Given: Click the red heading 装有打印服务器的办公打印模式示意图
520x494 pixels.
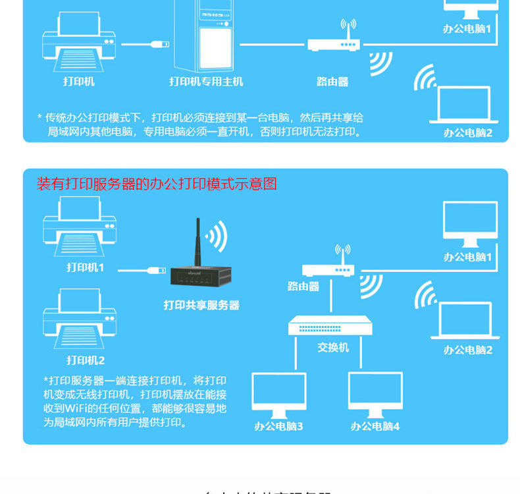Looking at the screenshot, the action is coord(157,184).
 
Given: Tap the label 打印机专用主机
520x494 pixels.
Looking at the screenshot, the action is coord(206,82).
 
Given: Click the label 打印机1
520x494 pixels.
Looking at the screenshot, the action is coord(86,267).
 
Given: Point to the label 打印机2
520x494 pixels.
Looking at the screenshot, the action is coord(86,360).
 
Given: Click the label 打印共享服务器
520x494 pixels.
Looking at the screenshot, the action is coord(201,306).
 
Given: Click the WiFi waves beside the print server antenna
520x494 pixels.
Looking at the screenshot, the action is coord(217,235).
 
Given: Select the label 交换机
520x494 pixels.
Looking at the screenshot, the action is coord(333,347).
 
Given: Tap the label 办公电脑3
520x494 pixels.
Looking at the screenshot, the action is coord(278,426).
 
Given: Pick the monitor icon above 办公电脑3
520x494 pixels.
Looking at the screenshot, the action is coord(279,394).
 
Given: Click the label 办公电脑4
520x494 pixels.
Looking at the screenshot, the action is coord(375,426).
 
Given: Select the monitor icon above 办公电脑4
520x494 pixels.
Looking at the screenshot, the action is coord(375,394).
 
